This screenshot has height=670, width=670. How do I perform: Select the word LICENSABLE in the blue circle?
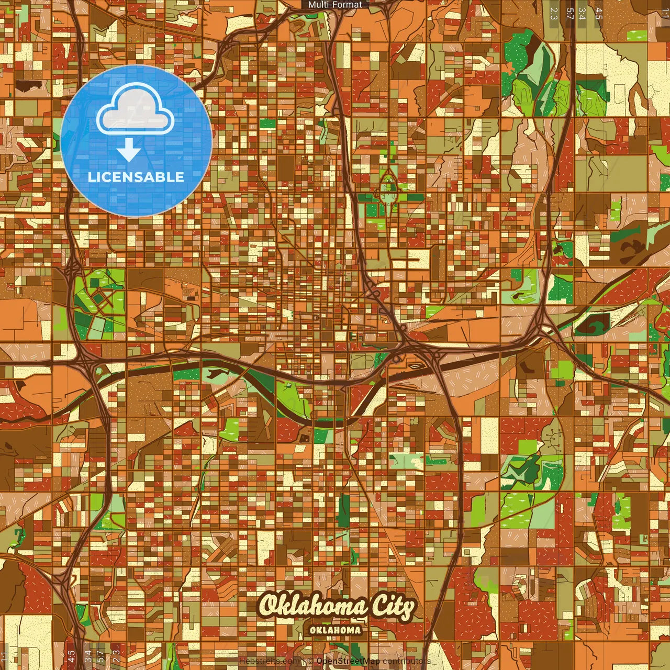coord(136,177)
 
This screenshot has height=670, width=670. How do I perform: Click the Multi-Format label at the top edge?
coord(335,5)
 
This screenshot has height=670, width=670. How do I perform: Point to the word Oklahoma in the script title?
coord(312,606)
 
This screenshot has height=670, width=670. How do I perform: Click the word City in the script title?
coord(393,607)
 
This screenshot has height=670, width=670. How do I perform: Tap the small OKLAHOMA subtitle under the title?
coord(335,630)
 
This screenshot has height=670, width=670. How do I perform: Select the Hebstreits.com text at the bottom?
coord(270,661)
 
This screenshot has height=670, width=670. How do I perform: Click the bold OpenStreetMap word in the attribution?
coord(348,661)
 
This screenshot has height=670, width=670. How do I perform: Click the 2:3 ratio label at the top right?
coord(554,13)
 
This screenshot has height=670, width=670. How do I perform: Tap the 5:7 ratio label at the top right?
coord(569,13)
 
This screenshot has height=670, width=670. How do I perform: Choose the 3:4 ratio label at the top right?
coord(582,13)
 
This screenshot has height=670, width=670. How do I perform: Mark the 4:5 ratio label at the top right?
coord(598,13)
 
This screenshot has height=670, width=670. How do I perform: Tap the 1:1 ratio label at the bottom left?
coord(5,656)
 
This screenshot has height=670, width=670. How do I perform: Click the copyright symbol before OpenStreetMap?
coord(310,661)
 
